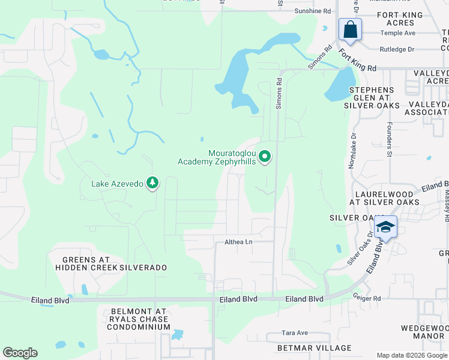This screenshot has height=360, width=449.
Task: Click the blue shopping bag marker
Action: [350, 30]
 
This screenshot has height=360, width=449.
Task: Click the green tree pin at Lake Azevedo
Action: [152, 183]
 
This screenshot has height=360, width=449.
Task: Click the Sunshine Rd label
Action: [312, 11]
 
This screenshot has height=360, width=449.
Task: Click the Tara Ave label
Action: [295, 333]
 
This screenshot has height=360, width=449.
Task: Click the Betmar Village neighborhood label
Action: [306, 348]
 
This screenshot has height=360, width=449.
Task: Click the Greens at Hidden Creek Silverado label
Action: [110, 263]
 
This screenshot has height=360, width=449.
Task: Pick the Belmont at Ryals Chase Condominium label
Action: [140, 319]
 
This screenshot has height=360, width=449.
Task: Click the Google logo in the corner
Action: [20, 353]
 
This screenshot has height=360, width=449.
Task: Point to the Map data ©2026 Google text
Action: [412, 355]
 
